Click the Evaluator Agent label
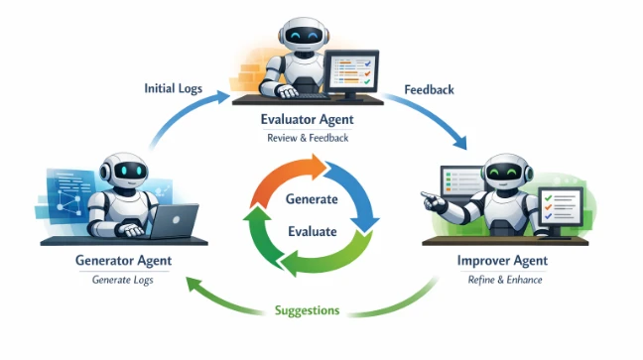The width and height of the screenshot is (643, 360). pyautogui.click(x=308, y=119)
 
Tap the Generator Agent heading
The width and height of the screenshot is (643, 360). pyautogui.click(x=123, y=261)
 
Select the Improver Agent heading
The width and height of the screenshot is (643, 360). pyautogui.click(x=502, y=261)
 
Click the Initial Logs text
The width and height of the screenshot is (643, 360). pyautogui.click(x=173, y=88)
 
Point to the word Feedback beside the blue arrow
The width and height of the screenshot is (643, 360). pyautogui.click(x=429, y=90)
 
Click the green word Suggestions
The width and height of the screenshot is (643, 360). pyautogui.click(x=308, y=310)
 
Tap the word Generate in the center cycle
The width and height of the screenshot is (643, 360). pyautogui.click(x=312, y=199)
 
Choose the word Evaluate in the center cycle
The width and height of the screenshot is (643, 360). pyautogui.click(x=312, y=231)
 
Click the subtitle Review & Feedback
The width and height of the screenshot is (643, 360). pyautogui.click(x=308, y=138)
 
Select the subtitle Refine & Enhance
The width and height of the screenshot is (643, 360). pyautogui.click(x=505, y=280)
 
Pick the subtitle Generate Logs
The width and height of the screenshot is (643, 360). pyautogui.click(x=123, y=280)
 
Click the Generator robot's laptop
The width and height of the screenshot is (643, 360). pyautogui.click(x=174, y=221)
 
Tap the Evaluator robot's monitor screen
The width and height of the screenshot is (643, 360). pyautogui.click(x=351, y=71)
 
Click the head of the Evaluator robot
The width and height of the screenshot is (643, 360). pyautogui.click(x=303, y=36)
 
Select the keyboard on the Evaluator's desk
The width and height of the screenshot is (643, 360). pyautogui.click(x=313, y=97)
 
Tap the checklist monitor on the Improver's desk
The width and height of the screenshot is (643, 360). pyautogui.click(x=561, y=207)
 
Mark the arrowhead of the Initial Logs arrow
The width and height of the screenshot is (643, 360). pyautogui.click(x=222, y=97)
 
